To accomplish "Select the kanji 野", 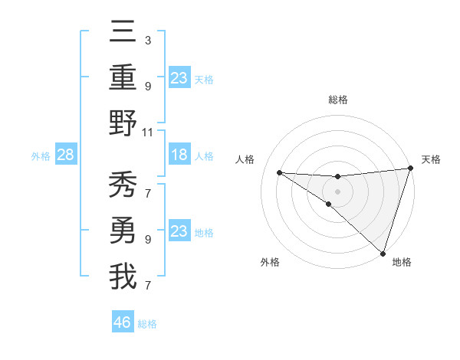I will (123, 123).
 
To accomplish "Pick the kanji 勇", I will (123, 230).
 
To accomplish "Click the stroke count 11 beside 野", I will (148, 133).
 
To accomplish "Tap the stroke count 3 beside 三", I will (147, 40).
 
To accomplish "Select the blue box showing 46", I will (123, 322).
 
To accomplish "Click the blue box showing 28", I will (66, 155).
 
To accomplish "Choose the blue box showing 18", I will (179, 155).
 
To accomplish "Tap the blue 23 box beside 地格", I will (179, 231).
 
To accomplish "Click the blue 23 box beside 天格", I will (179, 77).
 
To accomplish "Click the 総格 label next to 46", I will (147, 324).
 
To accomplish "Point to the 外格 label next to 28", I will (41, 155).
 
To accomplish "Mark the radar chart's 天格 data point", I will (410, 169).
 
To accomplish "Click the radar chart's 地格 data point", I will (383, 254).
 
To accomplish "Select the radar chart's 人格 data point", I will (279, 172).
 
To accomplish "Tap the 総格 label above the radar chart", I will (337, 100).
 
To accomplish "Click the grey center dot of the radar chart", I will (337, 190).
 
